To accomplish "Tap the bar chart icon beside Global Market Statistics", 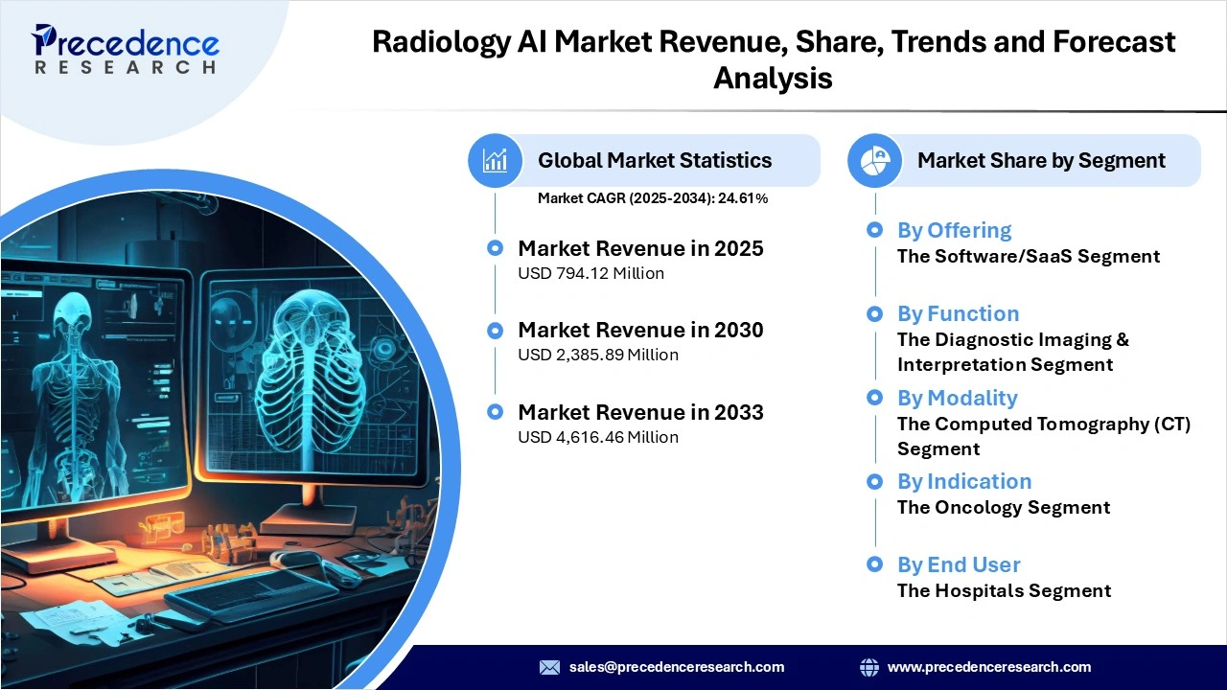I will tap(495, 160).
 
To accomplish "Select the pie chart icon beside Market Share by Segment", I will tap(874, 160).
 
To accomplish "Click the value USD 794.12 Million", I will tap(590, 273).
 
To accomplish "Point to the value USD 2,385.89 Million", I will tap(598, 355).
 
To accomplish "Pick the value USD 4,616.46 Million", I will tap(598, 437).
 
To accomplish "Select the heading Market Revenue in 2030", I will tap(640, 330).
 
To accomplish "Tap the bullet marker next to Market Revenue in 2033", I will tap(495, 412).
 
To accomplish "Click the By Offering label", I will tap(954, 230).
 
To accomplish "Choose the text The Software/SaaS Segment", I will tap(1029, 256).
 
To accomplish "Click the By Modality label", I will tap(957, 398).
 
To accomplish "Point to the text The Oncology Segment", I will tap(1004, 507).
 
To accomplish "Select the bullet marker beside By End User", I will tap(874, 564).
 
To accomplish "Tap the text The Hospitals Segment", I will tap(1004, 590).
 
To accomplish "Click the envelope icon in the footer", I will tap(549, 667).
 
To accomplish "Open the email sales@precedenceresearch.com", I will tap(677, 667).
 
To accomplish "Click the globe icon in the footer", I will tap(869, 667).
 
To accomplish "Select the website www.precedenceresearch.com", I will tap(989, 667).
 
